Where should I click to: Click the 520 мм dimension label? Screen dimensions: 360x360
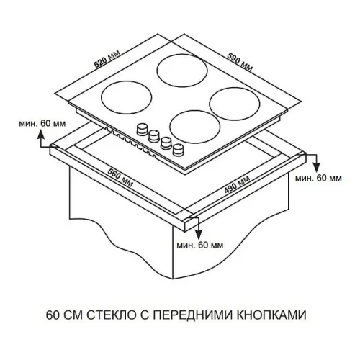click(107, 59)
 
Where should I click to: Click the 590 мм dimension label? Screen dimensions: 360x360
click(240, 62)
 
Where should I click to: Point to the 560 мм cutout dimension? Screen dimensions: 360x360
click(120, 178)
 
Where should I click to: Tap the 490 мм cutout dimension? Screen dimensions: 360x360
click(237, 184)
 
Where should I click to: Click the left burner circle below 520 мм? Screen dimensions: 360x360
click(127, 98)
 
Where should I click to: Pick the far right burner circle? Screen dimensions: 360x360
click(235, 104)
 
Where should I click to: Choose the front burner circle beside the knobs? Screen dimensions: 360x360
click(195, 127)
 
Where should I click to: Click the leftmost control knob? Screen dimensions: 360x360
click(142, 129)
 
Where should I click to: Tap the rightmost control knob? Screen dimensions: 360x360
click(178, 150)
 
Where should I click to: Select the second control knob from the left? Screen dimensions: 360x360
click(154, 136)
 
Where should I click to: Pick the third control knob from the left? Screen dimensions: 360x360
click(166, 143)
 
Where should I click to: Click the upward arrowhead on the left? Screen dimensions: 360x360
click(41, 134)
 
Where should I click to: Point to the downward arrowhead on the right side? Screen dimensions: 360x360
click(317, 167)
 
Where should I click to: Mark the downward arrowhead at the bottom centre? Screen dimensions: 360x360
click(198, 235)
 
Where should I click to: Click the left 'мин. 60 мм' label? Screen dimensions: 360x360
click(42, 124)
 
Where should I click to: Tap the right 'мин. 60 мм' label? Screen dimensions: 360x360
click(318, 178)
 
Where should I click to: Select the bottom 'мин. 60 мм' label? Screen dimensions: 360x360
click(200, 245)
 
